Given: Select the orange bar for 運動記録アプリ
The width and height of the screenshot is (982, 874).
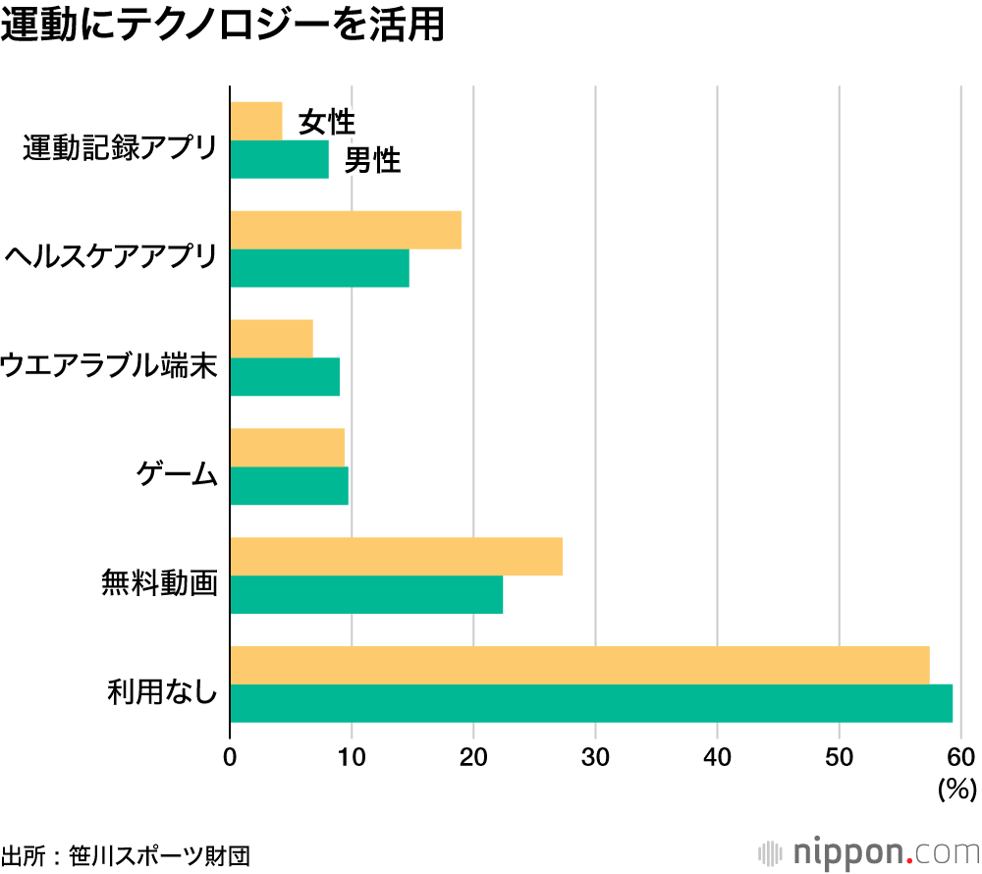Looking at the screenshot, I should point(255,121).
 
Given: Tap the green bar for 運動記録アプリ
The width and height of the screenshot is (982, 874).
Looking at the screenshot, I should point(279,159).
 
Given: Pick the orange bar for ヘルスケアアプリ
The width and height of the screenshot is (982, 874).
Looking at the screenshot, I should point(346,230).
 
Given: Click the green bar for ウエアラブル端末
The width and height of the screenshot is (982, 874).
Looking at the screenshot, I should point(285,376).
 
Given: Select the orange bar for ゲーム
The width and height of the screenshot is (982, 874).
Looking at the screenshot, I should point(287,447).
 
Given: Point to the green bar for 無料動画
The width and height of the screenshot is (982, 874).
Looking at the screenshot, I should point(366,594).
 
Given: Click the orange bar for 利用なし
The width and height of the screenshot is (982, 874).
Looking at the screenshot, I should point(579,665).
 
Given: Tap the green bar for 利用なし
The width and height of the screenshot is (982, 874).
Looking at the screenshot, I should point(591,703).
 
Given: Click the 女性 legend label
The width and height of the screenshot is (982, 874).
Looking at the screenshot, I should point(326,123).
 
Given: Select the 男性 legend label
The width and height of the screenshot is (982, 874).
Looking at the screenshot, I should point(372,161).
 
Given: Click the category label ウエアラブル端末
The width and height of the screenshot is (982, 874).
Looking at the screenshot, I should point(108,366).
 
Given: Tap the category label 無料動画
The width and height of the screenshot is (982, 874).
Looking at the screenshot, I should point(158,583).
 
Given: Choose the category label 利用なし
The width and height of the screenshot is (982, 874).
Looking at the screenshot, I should point(161,692).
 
